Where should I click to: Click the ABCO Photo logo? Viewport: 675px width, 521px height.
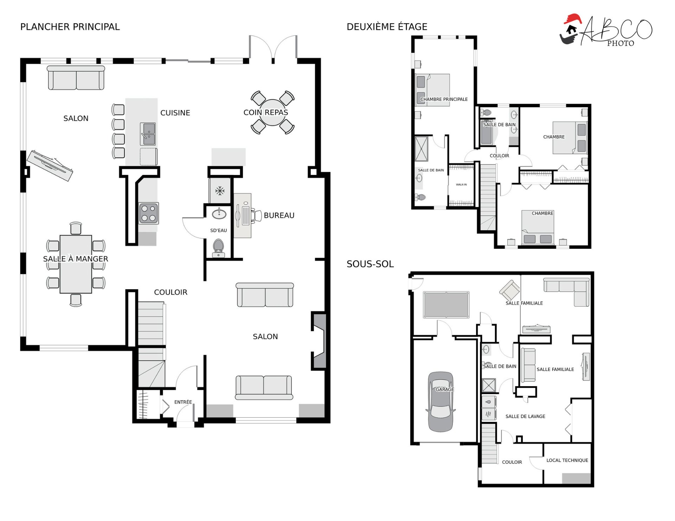(x=606, y=31)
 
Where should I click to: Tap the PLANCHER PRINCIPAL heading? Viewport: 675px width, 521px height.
(x=70, y=27)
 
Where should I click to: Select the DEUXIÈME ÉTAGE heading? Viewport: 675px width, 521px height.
(x=387, y=27)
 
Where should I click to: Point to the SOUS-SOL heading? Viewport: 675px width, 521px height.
(x=370, y=264)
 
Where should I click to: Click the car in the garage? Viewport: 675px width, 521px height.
(x=441, y=402)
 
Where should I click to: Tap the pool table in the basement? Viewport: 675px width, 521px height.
(x=446, y=305)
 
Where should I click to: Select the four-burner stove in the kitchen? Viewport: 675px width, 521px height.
(x=148, y=213)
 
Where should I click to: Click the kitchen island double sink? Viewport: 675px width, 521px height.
(x=148, y=134)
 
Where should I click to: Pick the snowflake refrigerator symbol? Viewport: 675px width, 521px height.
(x=220, y=191)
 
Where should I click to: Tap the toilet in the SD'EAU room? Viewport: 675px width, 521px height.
(x=218, y=248)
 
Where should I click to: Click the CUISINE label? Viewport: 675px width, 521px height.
(x=175, y=113)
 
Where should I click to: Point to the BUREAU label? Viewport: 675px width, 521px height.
(x=279, y=215)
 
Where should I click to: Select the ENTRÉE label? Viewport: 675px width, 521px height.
(x=183, y=402)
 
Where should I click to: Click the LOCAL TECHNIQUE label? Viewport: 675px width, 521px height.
(x=567, y=460)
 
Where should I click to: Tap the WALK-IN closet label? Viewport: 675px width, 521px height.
(x=461, y=184)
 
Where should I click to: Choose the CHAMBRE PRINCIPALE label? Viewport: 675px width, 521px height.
(x=444, y=99)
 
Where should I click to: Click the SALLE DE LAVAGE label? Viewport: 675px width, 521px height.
(x=525, y=416)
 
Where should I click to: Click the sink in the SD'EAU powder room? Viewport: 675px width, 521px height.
(x=219, y=214)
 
